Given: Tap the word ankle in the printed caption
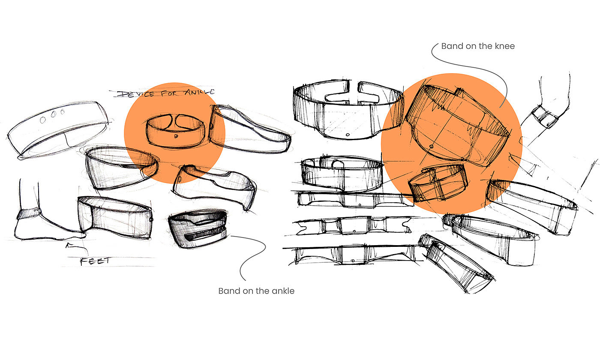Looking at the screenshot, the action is (282, 291).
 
